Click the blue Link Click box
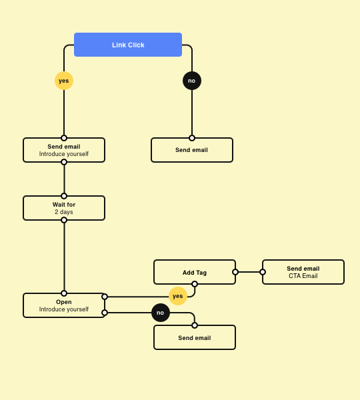128,45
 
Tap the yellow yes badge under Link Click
64,81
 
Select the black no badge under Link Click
192,81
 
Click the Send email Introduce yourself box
64,150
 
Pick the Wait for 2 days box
64,208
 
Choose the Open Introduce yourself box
64,305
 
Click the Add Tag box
195,272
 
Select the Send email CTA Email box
303,272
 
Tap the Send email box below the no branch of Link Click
192,150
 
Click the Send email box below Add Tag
195,337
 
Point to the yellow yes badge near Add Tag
177,295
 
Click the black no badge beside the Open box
161,313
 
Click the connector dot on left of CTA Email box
263,272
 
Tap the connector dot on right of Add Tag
235,272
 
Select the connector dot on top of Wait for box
64,196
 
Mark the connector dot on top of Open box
64,293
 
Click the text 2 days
64,212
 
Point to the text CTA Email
303,276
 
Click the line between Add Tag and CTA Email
249,272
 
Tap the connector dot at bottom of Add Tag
195,284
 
